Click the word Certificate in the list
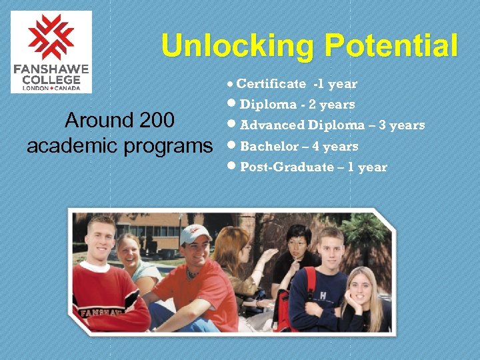[x=271, y=84]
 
